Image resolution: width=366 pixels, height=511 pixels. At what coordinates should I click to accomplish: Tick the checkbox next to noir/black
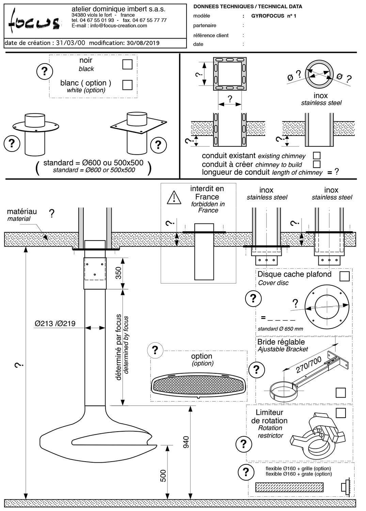(127, 64)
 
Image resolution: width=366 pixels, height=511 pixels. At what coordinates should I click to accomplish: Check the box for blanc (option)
(127, 85)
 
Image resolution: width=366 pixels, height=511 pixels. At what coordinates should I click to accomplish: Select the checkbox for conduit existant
(317, 156)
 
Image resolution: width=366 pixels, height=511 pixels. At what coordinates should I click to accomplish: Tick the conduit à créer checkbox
(317, 164)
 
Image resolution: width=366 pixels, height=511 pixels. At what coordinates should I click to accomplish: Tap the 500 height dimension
(163, 476)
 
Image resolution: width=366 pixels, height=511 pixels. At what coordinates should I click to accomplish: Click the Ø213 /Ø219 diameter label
(55, 323)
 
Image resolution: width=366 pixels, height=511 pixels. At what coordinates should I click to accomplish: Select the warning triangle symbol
(174, 198)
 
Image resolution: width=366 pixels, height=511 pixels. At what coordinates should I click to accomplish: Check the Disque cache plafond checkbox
(345, 276)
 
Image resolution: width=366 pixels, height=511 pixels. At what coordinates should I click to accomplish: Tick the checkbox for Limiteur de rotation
(341, 413)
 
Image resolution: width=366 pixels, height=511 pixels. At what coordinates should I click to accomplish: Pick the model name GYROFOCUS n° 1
(273, 16)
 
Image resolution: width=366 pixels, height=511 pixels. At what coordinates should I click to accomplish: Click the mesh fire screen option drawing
(198, 386)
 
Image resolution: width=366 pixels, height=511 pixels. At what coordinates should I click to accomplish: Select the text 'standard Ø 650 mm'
(280, 329)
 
